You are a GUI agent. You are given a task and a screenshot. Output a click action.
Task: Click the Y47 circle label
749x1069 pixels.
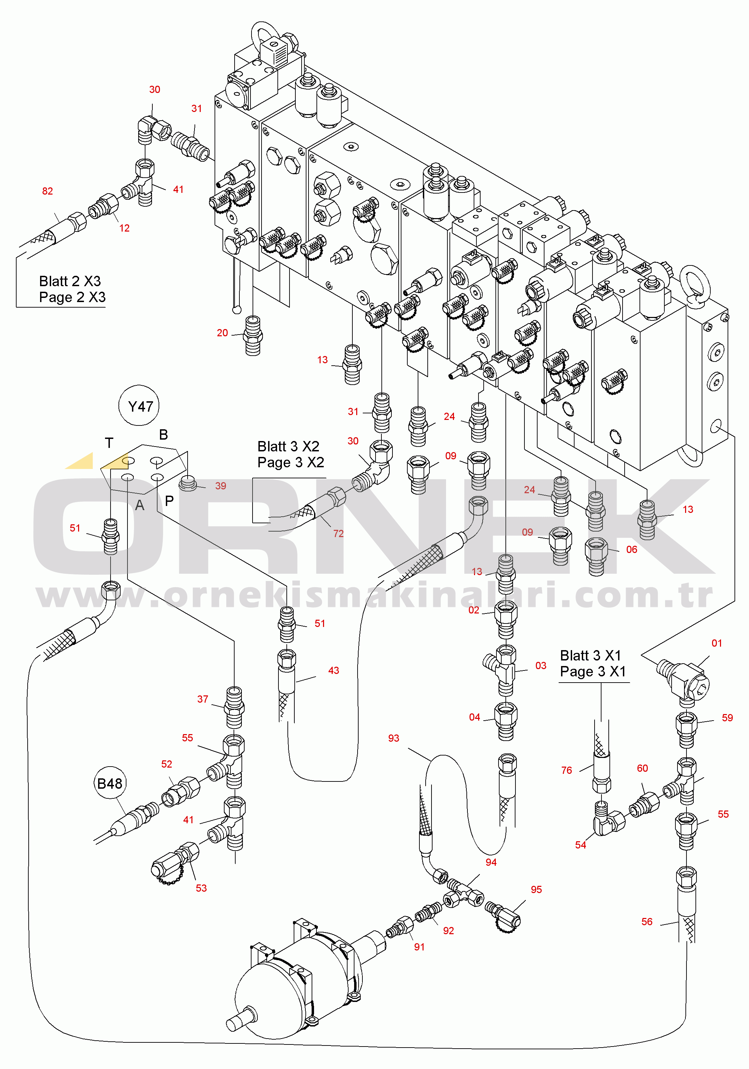point(139,406)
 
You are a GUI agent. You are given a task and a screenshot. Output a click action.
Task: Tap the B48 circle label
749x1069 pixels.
point(110,784)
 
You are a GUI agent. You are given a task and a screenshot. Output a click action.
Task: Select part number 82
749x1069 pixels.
point(47,191)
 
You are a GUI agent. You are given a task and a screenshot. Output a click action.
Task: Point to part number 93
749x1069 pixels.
point(394,738)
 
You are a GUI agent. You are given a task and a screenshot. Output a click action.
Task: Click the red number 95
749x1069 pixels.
point(536,889)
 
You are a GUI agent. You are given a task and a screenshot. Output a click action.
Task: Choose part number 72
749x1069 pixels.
point(339,534)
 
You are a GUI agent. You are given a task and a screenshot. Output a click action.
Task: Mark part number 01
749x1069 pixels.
point(717,643)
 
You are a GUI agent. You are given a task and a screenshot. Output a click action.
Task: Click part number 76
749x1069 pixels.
point(567,770)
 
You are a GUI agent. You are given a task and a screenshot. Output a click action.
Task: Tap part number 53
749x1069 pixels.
point(201,888)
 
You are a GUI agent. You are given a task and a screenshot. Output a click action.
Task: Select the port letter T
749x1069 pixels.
point(109,443)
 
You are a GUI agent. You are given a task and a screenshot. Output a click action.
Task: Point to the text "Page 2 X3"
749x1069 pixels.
point(72,297)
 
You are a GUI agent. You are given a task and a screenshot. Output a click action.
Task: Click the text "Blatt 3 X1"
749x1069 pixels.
point(590,656)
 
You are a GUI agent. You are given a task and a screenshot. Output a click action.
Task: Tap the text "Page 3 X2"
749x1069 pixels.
point(291,462)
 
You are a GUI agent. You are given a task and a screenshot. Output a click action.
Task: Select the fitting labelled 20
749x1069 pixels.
point(253,335)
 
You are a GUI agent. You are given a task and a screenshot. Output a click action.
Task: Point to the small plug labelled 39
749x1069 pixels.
point(188,483)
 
